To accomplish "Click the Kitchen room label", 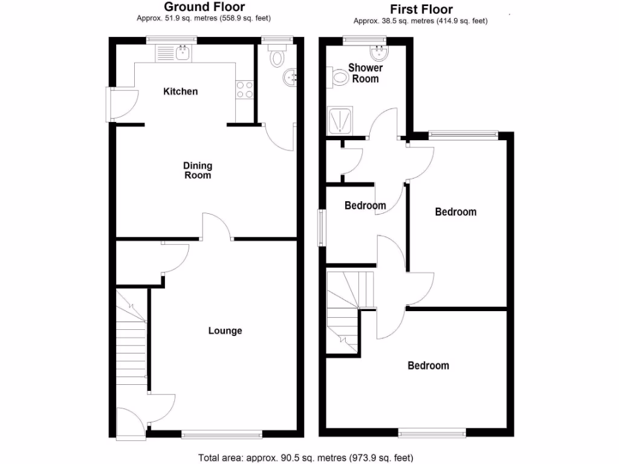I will (181, 92).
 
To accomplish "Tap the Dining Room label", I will (198, 170).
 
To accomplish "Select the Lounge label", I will (225, 330).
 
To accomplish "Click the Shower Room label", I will (365, 73).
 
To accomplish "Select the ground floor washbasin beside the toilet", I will (289, 77).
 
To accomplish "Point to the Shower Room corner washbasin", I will (380, 54).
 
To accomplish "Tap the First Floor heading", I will (421, 9).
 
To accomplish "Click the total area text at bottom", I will (306, 458).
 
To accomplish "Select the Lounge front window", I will (221, 433).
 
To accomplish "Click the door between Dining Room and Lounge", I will (216, 227).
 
